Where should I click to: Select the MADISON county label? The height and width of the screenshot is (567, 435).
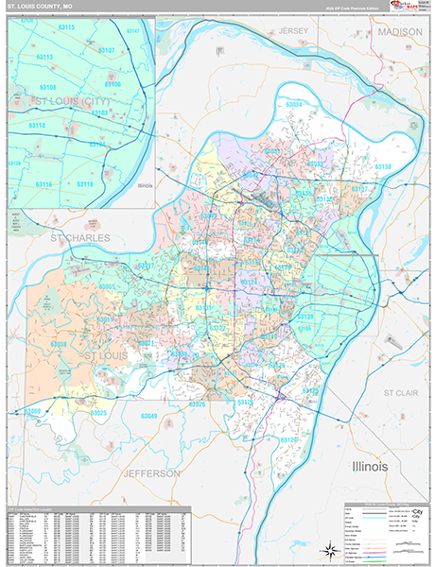tap(401, 31)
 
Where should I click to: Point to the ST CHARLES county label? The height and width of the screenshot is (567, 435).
tap(80, 237)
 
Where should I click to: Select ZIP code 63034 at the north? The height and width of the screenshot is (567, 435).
tap(293, 104)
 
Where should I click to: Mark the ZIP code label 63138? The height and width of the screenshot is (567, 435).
tap(383, 166)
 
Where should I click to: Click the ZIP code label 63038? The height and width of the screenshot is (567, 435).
tap(58, 345)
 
